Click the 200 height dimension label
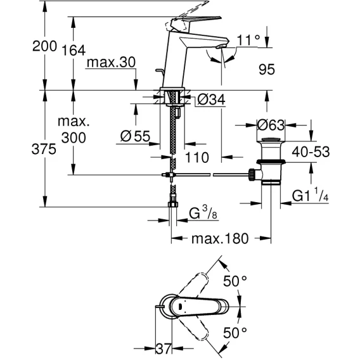44,46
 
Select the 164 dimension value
74,50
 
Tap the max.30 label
111,62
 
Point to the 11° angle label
248,41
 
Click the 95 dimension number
267,69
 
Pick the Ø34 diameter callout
211,100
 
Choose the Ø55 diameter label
135,136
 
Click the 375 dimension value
44,149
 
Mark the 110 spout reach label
197,157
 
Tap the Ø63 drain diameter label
271,125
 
